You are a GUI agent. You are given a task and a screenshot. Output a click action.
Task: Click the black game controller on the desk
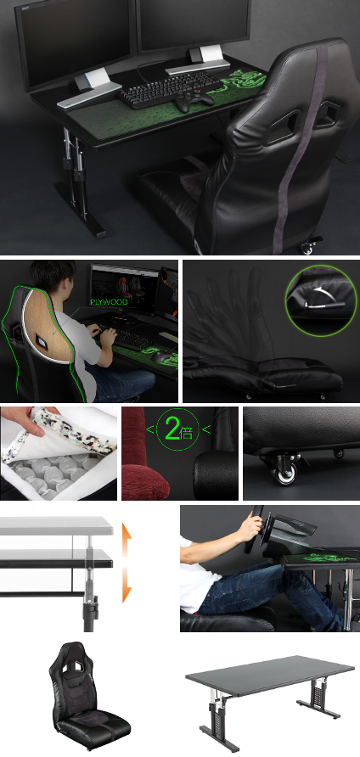coord(194,101)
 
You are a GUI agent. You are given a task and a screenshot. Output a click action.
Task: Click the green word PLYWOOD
coord(110,302)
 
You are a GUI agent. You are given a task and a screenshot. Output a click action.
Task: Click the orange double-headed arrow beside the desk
coord(127,563)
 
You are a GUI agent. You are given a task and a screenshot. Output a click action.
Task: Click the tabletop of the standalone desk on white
coord(270,675)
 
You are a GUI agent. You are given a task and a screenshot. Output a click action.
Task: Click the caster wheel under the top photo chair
coord(306,248)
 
